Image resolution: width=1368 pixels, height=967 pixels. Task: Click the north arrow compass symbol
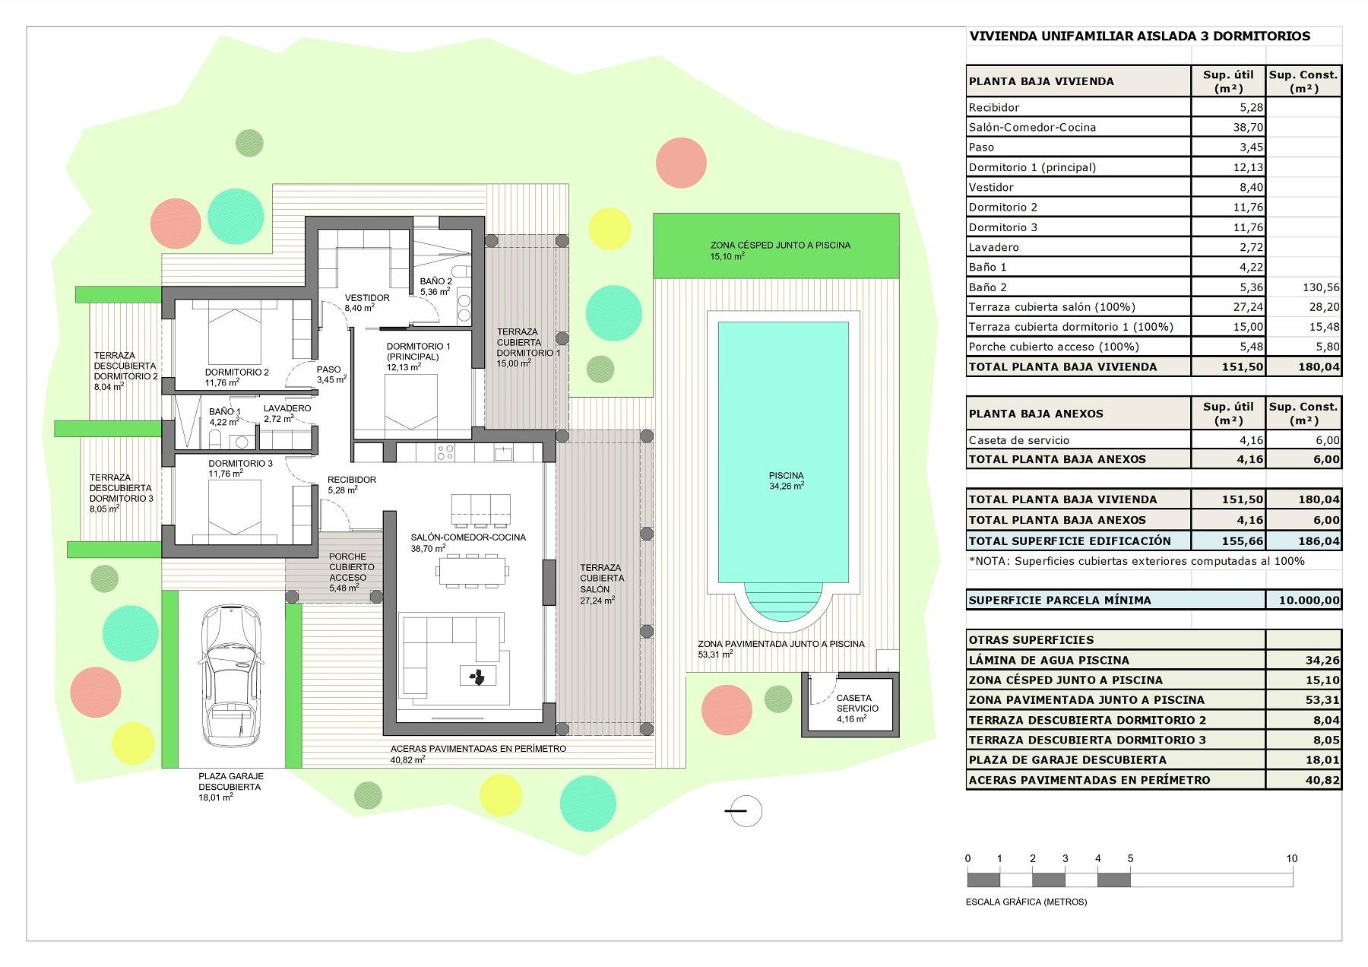pos(745,811)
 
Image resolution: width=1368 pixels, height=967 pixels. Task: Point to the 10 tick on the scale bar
pos(1292,858)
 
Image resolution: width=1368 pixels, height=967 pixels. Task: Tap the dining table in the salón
pos(471,570)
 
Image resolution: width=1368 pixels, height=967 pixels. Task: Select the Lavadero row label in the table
pos(993,247)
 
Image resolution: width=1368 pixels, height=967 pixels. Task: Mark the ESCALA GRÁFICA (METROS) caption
pos(1026,902)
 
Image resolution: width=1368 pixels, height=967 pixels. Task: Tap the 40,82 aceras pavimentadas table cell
pos(1322,780)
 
